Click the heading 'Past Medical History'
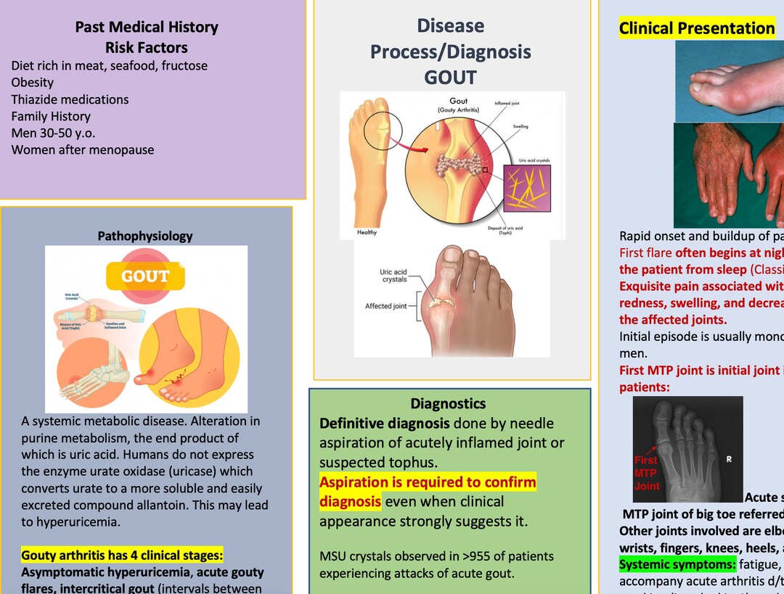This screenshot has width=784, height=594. click(x=147, y=28)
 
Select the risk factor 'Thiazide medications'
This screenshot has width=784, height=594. click(x=70, y=99)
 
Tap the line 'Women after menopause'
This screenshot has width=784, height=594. click(x=82, y=150)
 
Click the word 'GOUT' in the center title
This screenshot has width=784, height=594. click(x=450, y=78)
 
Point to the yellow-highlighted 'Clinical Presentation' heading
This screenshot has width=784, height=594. click(x=696, y=29)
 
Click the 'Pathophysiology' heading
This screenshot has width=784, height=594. click(x=145, y=236)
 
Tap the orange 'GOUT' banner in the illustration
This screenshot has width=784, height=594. click(x=145, y=276)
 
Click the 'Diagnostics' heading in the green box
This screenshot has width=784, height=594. click(x=448, y=403)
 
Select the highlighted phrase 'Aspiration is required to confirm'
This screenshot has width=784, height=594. click(x=428, y=482)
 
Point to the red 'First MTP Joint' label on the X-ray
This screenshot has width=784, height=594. click(x=646, y=473)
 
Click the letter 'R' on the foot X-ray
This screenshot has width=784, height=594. click(x=730, y=458)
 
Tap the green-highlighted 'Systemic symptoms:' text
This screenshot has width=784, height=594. click(x=677, y=564)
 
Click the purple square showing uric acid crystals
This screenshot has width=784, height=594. click(x=527, y=189)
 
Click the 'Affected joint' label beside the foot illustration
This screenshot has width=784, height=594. click(x=386, y=306)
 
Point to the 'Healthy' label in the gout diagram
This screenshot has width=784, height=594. click(x=367, y=233)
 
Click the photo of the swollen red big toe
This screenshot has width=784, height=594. click(x=730, y=81)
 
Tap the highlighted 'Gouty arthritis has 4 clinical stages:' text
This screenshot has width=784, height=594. click(x=122, y=556)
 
